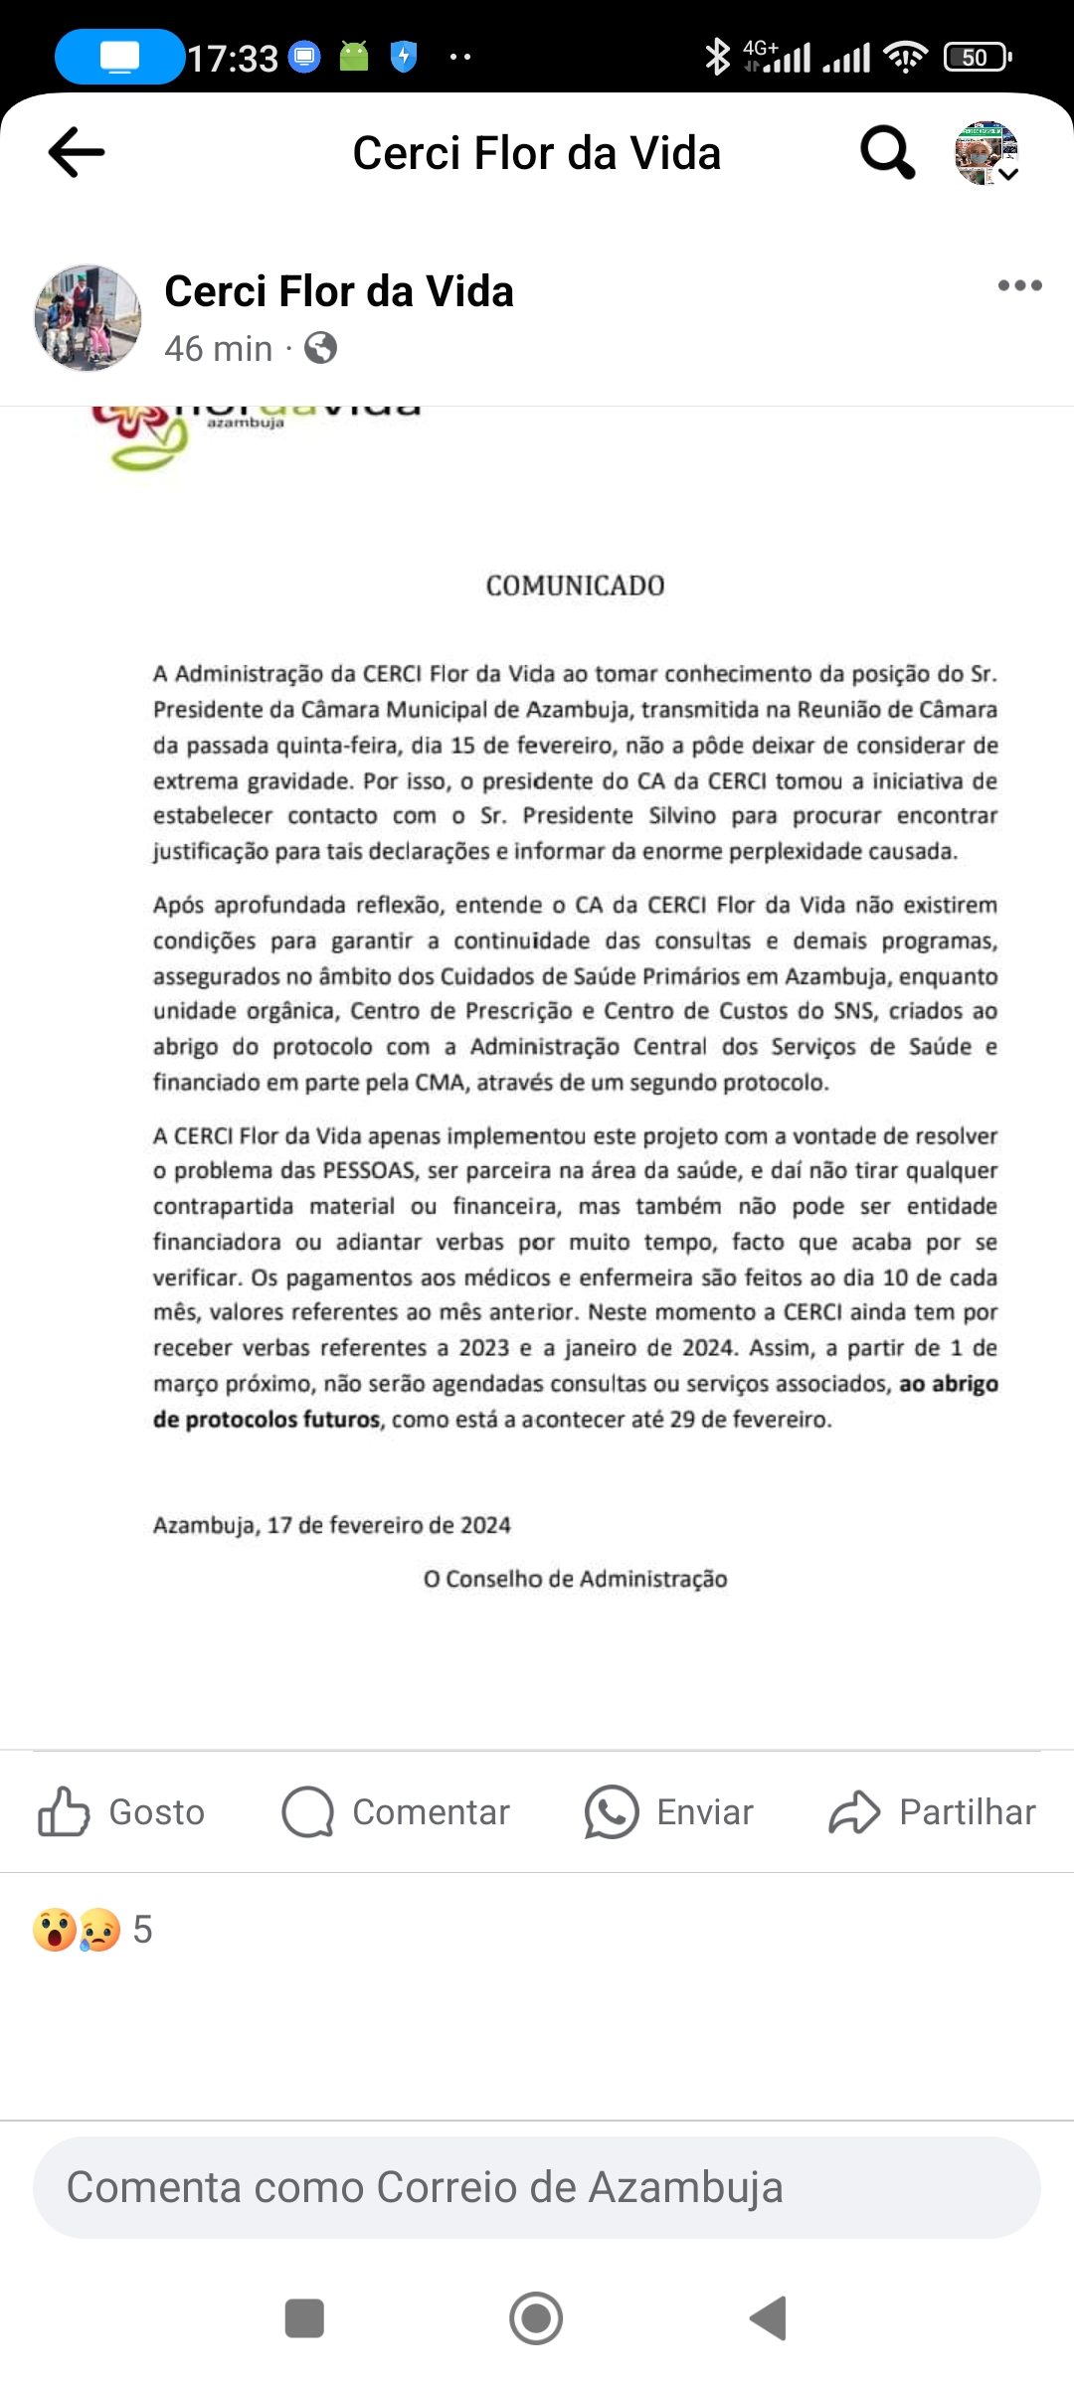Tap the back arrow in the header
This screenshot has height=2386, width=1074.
(77, 152)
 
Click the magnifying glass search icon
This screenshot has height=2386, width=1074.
(886, 152)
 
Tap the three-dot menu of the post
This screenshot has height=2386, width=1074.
(1019, 286)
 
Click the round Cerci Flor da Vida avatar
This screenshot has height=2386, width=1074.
(88, 318)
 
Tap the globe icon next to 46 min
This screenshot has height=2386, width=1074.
(320, 349)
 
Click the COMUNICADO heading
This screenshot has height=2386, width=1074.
(575, 586)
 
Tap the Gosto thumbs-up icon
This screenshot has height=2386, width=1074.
(64, 1811)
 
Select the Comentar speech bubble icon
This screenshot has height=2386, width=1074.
(307, 1811)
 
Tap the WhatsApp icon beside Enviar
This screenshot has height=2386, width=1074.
(611, 1811)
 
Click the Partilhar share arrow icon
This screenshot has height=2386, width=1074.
(854, 1811)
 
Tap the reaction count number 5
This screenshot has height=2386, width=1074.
(142, 1930)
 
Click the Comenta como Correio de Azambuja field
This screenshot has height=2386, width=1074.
(537, 2187)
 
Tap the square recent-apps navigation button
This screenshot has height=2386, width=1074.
(304, 2318)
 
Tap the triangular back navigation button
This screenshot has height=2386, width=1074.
(769, 2318)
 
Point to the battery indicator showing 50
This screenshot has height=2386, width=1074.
(977, 58)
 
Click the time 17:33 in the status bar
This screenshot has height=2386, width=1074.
(233, 59)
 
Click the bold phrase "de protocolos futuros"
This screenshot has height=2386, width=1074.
(267, 1419)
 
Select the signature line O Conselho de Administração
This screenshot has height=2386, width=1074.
(575, 1579)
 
